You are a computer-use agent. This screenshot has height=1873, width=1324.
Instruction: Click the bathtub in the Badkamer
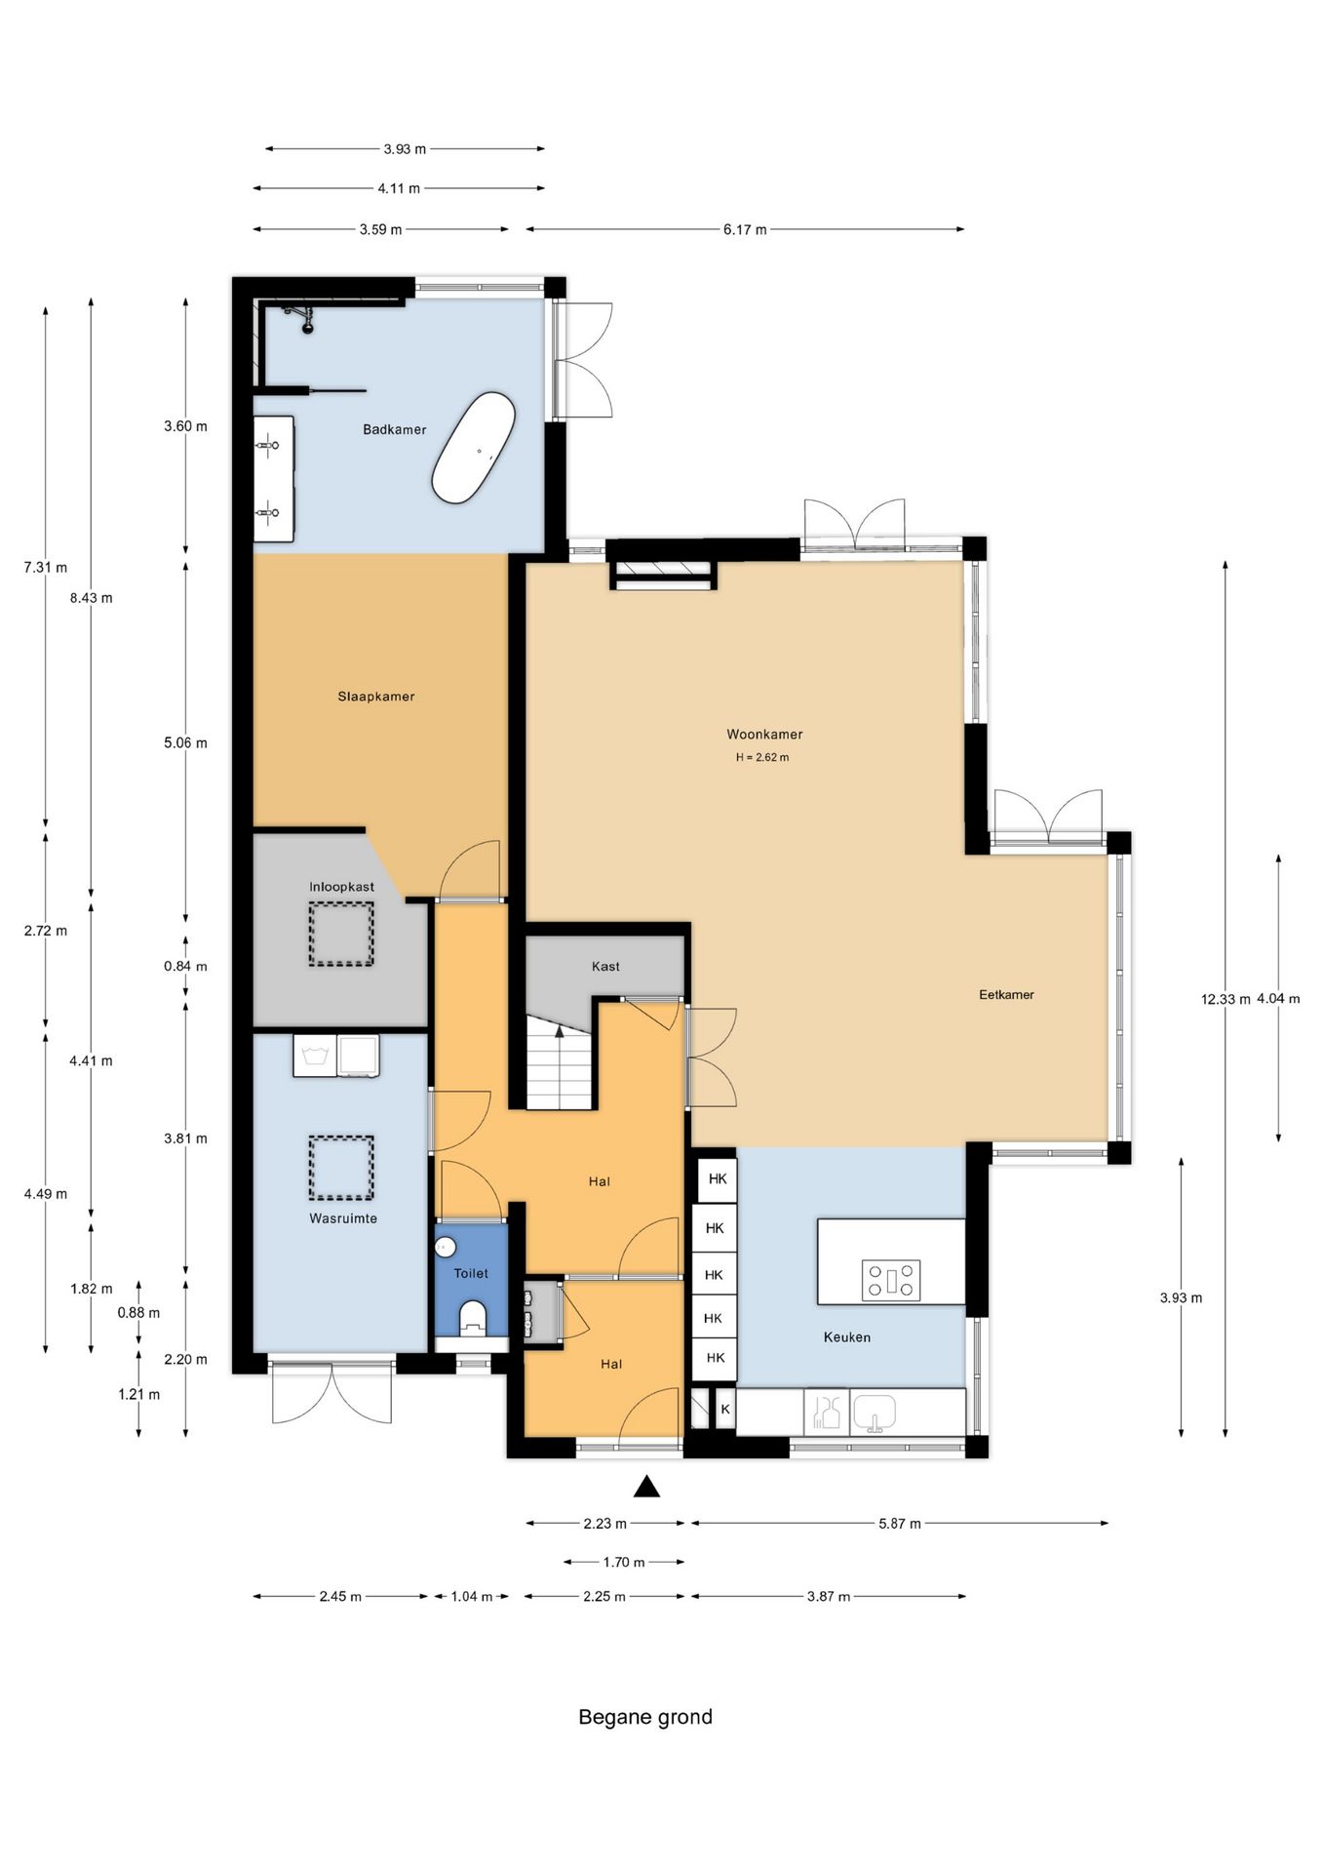(474, 448)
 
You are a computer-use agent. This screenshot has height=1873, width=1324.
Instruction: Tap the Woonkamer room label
(764, 735)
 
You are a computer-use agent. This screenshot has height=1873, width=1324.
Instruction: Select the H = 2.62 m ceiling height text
(762, 757)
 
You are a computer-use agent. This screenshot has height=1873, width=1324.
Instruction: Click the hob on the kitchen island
(891, 1280)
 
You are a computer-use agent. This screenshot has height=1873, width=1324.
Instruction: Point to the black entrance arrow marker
(646, 1487)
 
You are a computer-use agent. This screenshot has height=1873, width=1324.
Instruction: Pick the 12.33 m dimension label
(1226, 999)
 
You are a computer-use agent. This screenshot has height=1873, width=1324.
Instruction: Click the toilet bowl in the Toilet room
(472, 1317)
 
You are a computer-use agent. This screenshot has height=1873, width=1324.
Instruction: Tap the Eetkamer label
(1006, 995)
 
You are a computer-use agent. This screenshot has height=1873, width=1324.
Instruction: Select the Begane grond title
(645, 1718)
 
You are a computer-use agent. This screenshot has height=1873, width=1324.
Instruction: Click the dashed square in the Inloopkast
(341, 935)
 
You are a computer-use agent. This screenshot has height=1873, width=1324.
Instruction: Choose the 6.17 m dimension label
(745, 230)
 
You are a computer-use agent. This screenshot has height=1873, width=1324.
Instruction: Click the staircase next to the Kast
(560, 1062)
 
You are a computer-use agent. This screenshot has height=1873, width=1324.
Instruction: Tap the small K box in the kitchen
(725, 1410)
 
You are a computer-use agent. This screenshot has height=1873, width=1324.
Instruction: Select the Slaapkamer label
(376, 697)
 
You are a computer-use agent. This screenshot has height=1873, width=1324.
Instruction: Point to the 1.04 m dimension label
(472, 1597)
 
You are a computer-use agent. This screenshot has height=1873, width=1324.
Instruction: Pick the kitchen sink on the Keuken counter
(874, 1412)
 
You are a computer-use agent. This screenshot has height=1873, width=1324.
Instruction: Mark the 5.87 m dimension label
(899, 1524)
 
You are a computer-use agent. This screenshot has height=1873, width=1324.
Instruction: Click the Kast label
(605, 967)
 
